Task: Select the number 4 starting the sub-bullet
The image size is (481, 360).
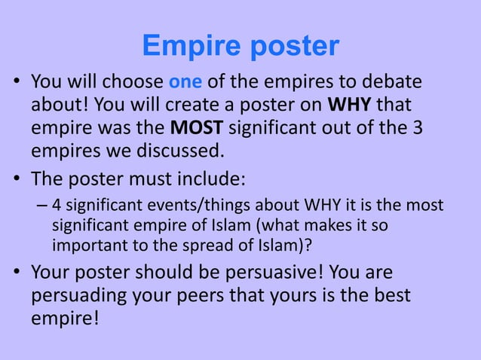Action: coord(57,206)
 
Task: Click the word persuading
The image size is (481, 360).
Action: coord(84,296)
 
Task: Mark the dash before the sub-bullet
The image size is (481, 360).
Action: coord(42,206)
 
